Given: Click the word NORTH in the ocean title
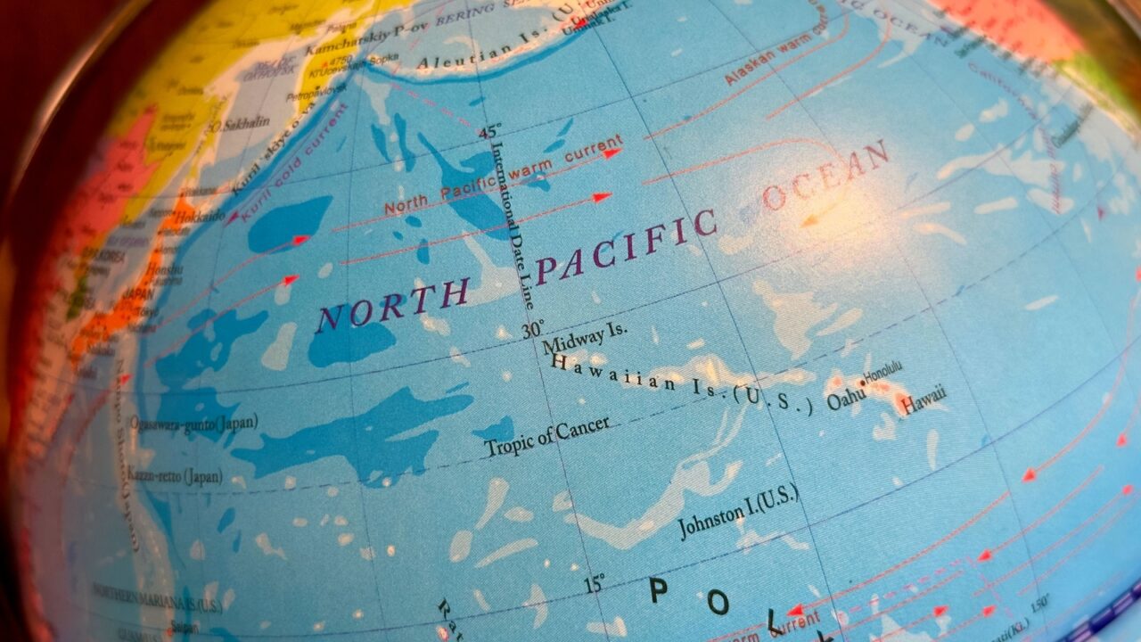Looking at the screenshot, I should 392,303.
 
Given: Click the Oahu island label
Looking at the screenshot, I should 846,399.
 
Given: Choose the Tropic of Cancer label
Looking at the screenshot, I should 546,436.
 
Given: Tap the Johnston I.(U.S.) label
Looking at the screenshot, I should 738,512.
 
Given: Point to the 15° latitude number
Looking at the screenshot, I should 594,585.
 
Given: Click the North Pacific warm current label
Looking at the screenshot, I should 502,177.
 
